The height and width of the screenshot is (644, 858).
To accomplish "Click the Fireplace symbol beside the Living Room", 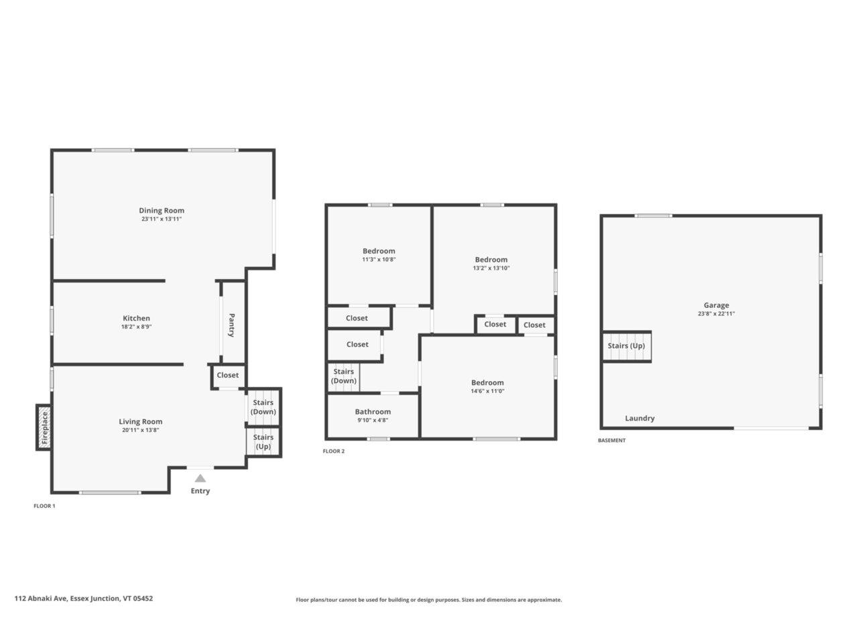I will pyautogui.click(x=44, y=427).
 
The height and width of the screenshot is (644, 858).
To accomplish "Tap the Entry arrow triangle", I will pyautogui.click(x=200, y=478).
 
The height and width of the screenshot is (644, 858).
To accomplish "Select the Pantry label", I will pyautogui.click(x=232, y=325).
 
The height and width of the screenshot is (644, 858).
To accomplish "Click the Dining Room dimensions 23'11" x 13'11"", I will pyautogui.click(x=162, y=219).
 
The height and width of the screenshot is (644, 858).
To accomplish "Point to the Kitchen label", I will pyautogui.click(x=136, y=318).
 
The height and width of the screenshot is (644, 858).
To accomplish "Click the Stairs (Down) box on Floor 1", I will pyautogui.click(x=263, y=407).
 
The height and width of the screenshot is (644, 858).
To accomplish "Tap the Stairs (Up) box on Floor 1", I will pyautogui.click(x=263, y=442).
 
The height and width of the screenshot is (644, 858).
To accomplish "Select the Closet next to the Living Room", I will pyautogui.click(x=228, y=376).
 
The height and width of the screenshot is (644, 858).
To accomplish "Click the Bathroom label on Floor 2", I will pyautogui.click(x=373, y=412).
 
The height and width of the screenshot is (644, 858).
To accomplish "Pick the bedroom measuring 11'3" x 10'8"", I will pyautogui.click(x=379, y=255).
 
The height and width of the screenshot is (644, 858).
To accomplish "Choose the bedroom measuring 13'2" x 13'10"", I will pyautogui.click(x=491, y=264).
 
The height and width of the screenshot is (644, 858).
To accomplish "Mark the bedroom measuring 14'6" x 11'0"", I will pyautogui.click(x=487, y=386).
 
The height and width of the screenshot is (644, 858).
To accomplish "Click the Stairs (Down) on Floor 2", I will pyautogui.click(x=344, y=376).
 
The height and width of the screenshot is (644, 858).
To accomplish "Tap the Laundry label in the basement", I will pyautogui.click(x=639, y=418).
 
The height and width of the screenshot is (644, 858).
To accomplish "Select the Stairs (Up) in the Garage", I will pyautogui.click(x=626, y=346).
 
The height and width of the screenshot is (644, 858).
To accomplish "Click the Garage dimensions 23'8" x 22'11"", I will pyautogui.click(x=716, y=313).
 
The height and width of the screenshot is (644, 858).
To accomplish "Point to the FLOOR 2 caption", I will pyautogui.click(x=333, y=451).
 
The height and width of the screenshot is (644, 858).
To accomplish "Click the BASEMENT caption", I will pyautogui.click(x=611, y=441).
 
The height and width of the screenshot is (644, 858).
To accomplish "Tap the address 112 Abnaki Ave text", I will pyautogui.click(x=84, y=598).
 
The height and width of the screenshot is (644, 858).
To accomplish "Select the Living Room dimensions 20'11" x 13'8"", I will pyautogui.click(x=141, y=430).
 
